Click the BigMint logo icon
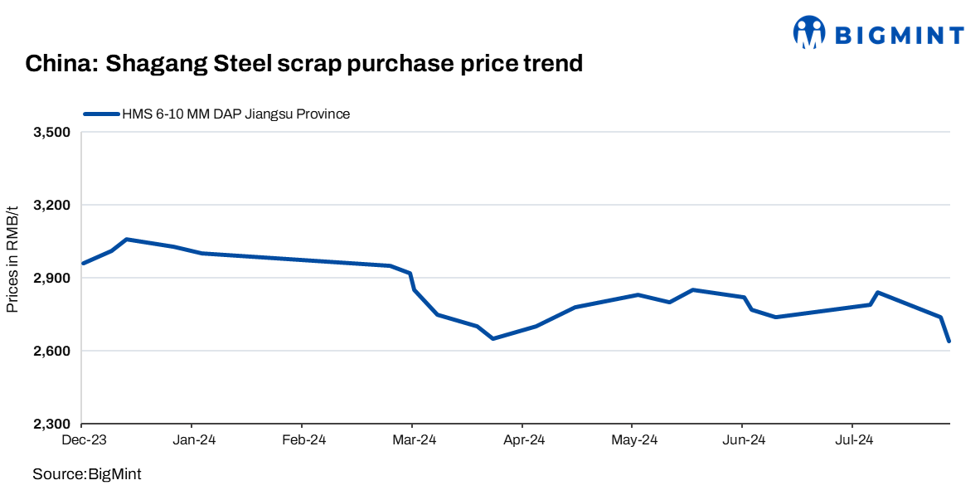click(809, 34)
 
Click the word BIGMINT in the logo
click(899, 35)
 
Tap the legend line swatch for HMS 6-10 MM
click(100, 114)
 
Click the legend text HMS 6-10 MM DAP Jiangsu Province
click(235, 114)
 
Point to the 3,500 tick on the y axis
click(51, 133)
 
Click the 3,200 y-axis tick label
click(51, 206)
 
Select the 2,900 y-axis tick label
click(51, 279)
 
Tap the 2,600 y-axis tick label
click(51, 352)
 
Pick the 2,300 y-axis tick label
click(51, 425)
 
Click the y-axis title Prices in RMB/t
click(12, 260)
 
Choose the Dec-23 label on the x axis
click(82, 441)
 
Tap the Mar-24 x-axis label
click(412, 441)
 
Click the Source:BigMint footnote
click(87, 474)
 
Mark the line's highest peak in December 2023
click(126, 240)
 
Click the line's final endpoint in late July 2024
click(948, 341)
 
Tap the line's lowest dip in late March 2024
click(492, 338)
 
